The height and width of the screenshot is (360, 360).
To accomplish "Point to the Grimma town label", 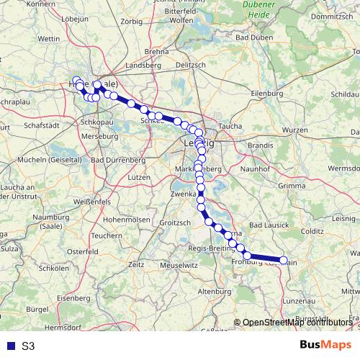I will [292, 186].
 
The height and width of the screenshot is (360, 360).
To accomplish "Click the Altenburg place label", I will [215, 291].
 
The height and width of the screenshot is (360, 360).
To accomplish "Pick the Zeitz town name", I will [135, 264].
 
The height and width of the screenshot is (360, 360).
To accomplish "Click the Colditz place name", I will [312, 231].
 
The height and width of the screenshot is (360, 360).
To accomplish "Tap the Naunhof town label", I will [256, 167].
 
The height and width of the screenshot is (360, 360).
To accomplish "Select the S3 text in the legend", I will [28, 346].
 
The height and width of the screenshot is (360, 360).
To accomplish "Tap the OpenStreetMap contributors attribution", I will [297, 323].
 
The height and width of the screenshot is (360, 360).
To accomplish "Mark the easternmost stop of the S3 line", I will [284, 261].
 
